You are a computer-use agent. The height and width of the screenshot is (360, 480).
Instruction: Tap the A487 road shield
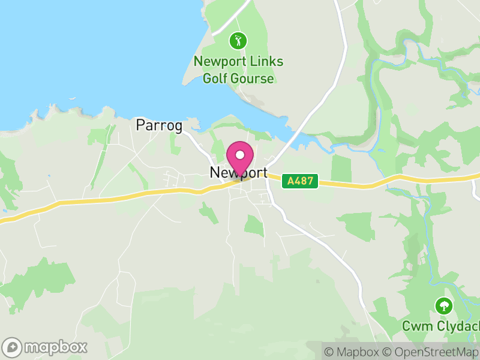[300, 181]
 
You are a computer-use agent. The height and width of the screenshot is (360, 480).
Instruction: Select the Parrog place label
[159, 125]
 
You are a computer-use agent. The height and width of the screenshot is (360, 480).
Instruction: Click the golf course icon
[238, 41]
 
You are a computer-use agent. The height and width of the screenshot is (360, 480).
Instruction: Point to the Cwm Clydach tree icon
[444, 306]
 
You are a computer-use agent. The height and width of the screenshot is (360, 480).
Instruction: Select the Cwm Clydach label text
[441, 326]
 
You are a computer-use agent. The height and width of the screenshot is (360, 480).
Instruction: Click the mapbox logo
[45, 347]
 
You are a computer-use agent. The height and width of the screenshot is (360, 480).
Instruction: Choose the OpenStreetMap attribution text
[431, 352]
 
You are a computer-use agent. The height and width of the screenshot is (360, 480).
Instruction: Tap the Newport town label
[239, 173]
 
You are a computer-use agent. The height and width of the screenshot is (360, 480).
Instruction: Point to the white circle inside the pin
[240, 155]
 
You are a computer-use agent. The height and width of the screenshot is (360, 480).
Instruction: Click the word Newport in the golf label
[220, 62]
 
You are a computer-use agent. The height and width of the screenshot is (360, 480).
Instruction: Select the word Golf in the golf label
[215, 79]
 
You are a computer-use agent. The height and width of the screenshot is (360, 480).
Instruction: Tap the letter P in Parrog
[141, 125]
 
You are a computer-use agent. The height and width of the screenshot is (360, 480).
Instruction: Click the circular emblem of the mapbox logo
[12, 347]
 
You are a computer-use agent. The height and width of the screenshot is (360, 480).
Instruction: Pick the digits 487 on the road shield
[304, 181]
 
